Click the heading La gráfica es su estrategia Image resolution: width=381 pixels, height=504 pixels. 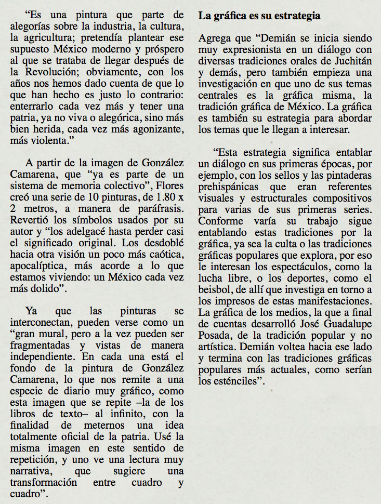click(259, 16)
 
